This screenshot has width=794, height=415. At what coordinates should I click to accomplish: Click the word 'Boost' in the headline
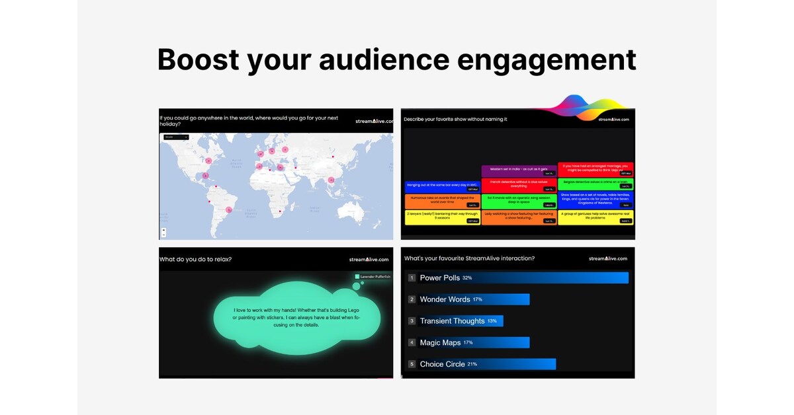click(x=197, y=59)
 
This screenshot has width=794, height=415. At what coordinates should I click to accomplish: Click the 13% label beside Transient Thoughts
click(x=492, y=321)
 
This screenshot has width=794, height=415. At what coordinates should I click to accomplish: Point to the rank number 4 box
click(x=412, y=342)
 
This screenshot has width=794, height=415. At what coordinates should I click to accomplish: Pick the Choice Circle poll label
click(x=442, y=364)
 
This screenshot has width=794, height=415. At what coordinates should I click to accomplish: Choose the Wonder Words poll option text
click(x=445, y=299)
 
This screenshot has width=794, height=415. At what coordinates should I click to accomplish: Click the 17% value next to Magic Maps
click(x=468, y=342)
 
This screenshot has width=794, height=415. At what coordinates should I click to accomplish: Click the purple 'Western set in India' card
click(x=519, y=170)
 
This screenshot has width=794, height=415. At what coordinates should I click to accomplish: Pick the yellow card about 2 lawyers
click(x=442, y=218)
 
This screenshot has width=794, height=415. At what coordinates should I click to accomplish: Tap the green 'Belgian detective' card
click(x=595, y=184)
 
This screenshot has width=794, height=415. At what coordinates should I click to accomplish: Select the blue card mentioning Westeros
click(x=595, y=200)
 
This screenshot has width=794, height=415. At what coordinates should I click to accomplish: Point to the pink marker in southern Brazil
click(x=228, y=209)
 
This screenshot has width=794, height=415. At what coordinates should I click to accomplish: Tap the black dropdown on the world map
click(x=176, y=137)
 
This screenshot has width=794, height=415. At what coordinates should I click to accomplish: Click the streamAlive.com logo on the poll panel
click(x=607, y=258)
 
